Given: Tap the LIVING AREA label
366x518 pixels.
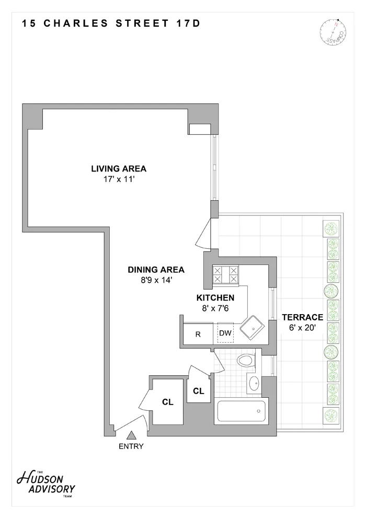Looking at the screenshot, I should pos(119,169).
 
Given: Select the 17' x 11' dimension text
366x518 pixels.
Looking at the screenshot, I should pos(119,179).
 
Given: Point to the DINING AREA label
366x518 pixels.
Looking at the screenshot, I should pos(156,270).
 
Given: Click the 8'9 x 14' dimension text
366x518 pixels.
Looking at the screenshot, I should pos(156,280).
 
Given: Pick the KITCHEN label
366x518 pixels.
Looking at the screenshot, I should pos(214,297).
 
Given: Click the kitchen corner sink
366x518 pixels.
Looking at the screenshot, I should pos(253,328).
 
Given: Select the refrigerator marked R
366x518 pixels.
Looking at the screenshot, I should pos(198,335).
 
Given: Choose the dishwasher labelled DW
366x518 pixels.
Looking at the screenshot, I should pos(225,333).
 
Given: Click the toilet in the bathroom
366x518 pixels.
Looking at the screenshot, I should pos(244,361).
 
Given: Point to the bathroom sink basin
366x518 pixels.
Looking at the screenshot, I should pos(254,383).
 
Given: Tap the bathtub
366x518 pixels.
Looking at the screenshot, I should pos(241,411).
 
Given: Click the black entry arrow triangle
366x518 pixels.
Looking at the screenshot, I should pos(131,433).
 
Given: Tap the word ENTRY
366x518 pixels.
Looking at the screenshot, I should pos(131,446).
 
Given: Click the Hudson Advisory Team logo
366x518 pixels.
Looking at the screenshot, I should pos(47,482).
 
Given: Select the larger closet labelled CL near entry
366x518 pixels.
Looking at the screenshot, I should pos(168,402).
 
